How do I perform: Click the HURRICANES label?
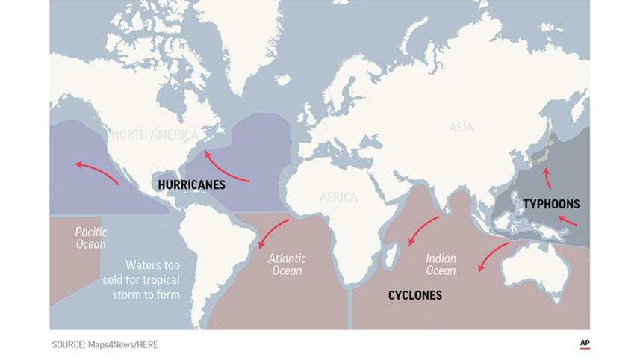(x=192, y=184)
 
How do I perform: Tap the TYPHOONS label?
(x=551, y=204)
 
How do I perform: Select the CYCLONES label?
(x=414, y=295)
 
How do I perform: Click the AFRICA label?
(x=338, y=197)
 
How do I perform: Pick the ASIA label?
(x=461, y=128)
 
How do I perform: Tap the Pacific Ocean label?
(x=90, y=238)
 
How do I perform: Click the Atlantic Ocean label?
(x=287, y=264)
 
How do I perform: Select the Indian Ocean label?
(x=441, y=264)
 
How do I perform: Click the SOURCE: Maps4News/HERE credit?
(x=105, y=344)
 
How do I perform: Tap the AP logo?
(x=585, y=344)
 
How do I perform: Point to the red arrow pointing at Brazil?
(x=273, y=232)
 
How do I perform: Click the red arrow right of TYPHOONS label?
(x=568, y=220)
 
